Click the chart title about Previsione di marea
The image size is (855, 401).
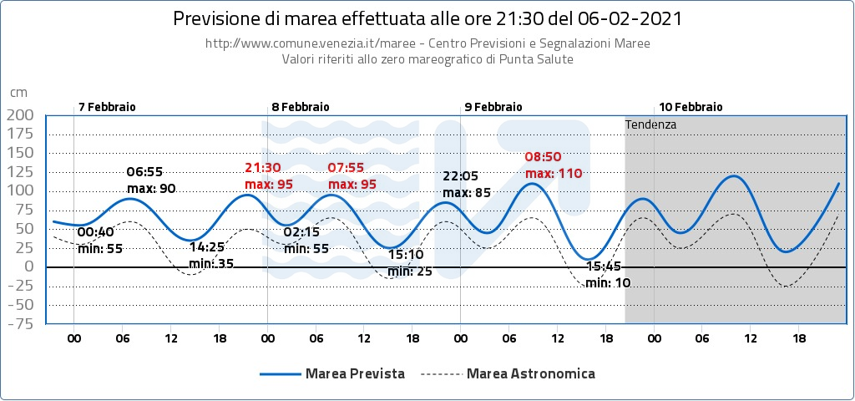coord(427,18)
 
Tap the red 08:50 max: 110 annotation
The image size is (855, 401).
coord(553,165)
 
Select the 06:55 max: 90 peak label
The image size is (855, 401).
coord(151,180)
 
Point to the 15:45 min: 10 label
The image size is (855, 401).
coord(608,275)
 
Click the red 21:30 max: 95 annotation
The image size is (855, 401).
coord(269,175)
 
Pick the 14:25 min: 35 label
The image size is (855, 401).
coord(210,256)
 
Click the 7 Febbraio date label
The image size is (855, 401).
coord(107,107)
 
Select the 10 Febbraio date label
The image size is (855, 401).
coord(691,107)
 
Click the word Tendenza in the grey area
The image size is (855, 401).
coord(650,124)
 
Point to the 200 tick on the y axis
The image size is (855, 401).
coord(20,114)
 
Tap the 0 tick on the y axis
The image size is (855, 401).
coord(29,266)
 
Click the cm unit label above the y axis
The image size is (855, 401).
coord(18,92)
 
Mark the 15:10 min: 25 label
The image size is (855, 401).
coord(410,263)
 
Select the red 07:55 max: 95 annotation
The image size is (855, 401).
coord(352,175)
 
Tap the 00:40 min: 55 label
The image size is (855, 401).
coord(100,240)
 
